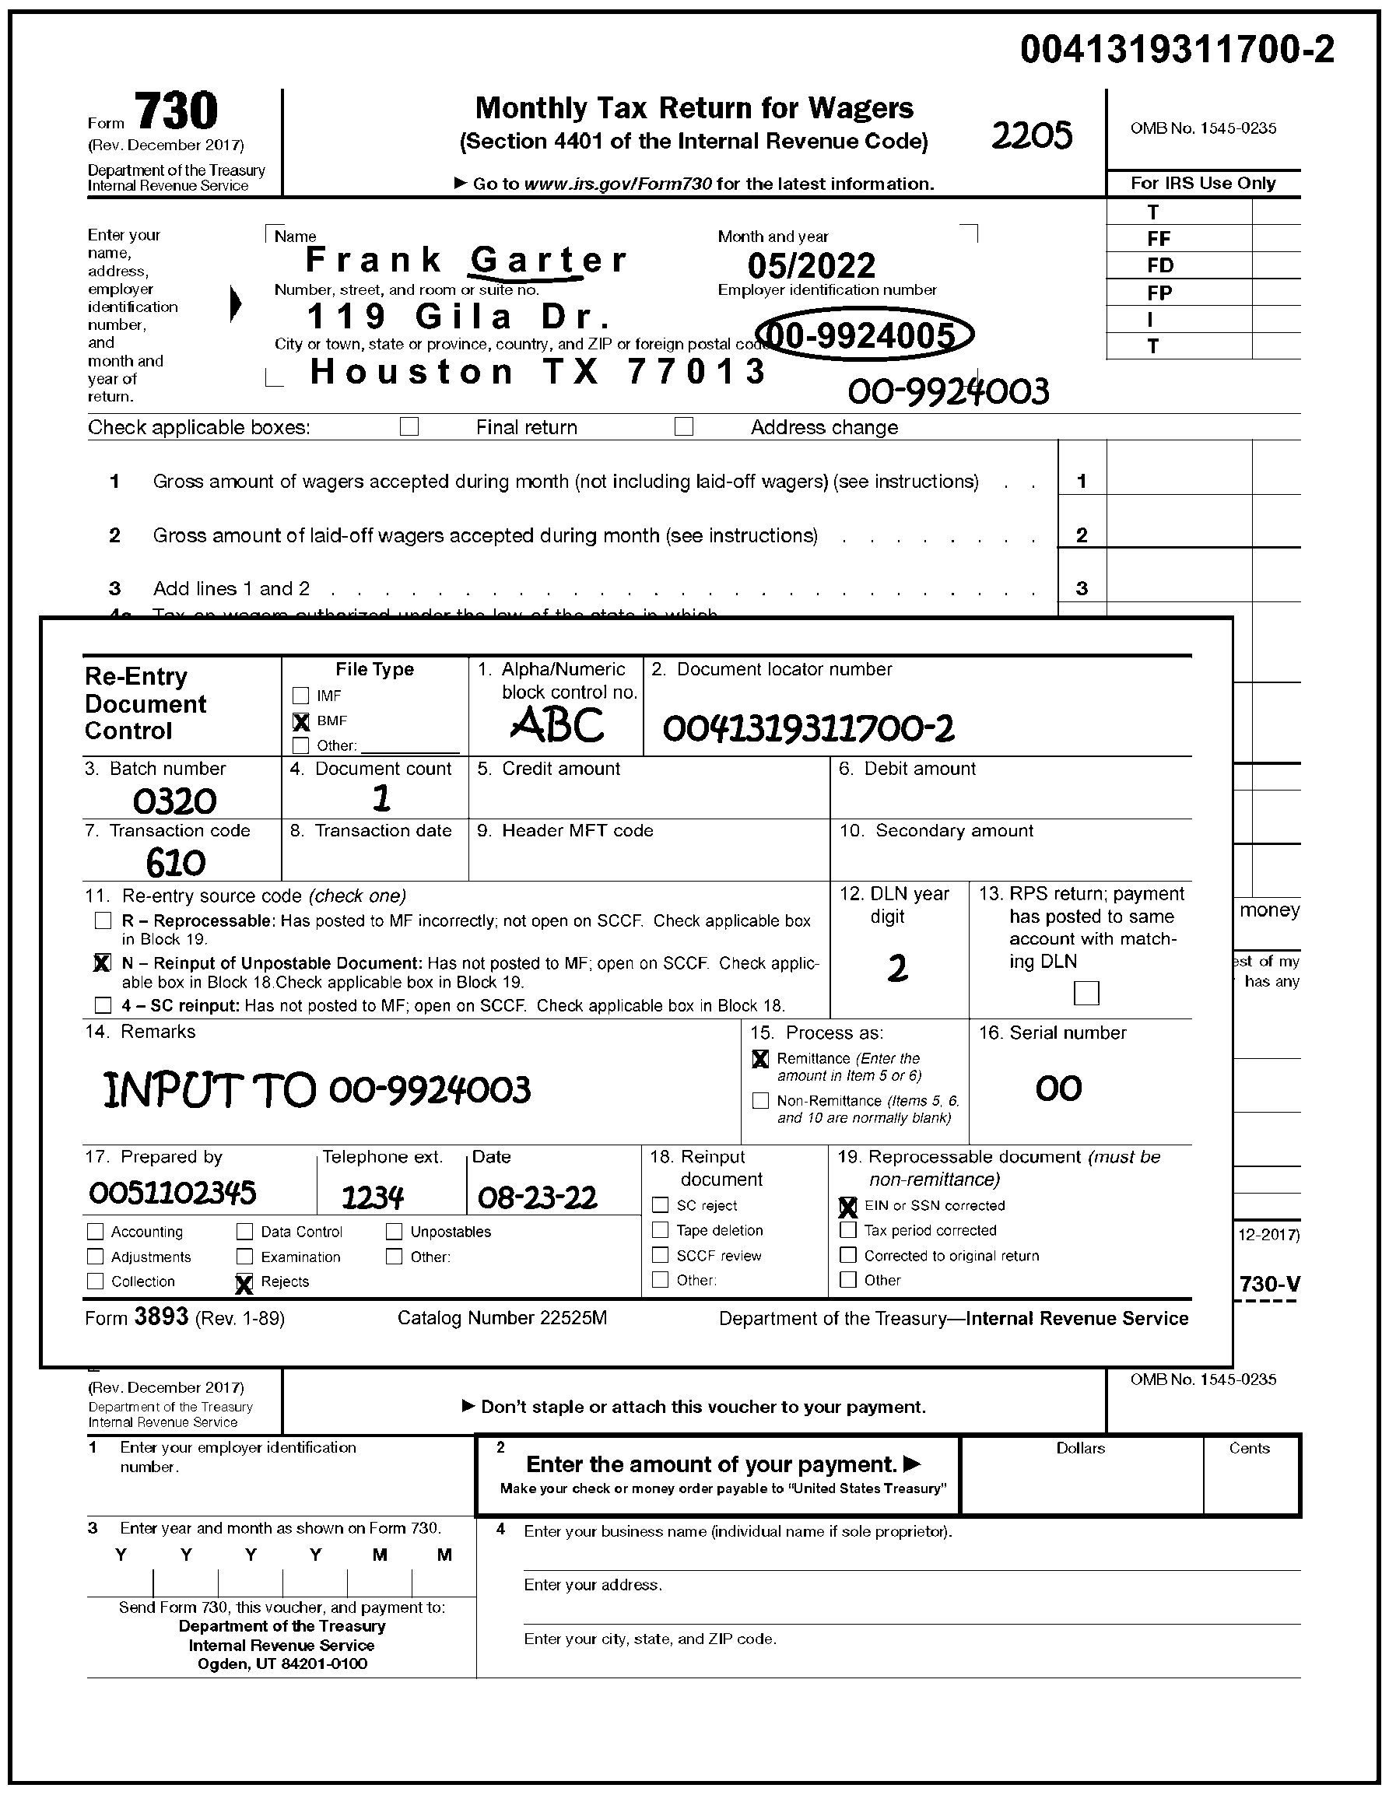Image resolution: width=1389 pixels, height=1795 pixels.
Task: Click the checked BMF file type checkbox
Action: [x=301, y=721]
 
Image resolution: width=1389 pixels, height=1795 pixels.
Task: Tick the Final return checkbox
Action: [x=409, y=426]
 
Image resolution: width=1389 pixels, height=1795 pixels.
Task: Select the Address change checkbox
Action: [x=683, y=426]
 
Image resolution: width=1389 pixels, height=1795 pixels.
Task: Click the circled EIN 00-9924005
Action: [x=864, y=335]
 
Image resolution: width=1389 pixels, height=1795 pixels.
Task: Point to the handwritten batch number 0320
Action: [x=174, y=801]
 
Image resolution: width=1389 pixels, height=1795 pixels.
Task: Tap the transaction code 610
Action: [x=175, y=863]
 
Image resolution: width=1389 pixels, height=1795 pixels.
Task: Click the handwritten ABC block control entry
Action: [x=557, y=726]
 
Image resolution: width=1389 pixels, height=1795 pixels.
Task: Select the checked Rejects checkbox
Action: [x=244, y=1283]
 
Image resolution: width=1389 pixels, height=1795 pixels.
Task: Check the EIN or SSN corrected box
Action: [x=847, y=1207]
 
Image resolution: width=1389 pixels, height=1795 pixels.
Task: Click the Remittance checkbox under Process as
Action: [x=760, y=1060]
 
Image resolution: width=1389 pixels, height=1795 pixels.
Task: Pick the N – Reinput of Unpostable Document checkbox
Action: [x=103, y=962]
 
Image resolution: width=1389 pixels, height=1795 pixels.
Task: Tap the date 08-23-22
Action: [x=537, y=1197]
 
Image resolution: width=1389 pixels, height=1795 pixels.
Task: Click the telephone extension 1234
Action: [x=372, y=1197]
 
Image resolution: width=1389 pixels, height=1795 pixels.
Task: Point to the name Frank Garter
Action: [x=466, y=260]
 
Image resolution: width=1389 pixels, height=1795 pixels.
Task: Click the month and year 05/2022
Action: [x=811, y=265]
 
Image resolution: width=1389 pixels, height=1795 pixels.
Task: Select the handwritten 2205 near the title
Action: [x=1032, y=135]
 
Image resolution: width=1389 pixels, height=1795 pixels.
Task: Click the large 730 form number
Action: [x=176, y=111]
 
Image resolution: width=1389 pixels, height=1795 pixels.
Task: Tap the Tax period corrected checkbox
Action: [x=847, y=1230]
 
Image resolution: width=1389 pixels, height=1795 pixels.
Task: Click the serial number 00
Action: [x=1058, y=1089]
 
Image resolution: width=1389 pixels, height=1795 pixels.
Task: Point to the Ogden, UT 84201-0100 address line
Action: [x=282, y=1664]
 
